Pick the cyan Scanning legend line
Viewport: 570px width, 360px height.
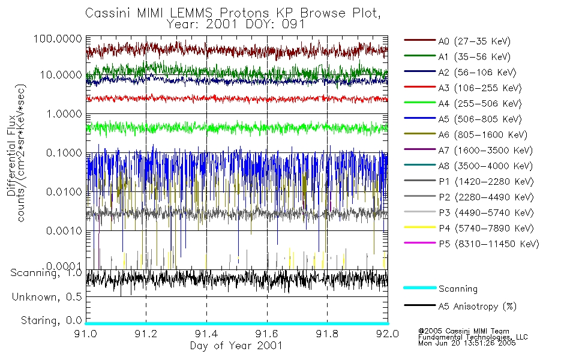pos(419,289)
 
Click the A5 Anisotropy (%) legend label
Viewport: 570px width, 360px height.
pos(478,307)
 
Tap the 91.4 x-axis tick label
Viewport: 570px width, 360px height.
pos(206,334)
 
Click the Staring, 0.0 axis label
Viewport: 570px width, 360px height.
pos(51,320)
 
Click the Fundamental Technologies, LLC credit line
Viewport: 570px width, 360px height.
pos(473,337)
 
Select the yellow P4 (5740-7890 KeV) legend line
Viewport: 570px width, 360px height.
pos(419,229)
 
